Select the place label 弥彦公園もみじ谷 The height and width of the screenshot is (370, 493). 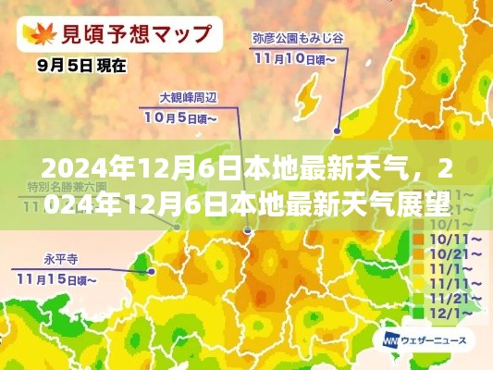click(x=299, y=39)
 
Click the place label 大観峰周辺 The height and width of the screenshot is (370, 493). click(x=189, y=96)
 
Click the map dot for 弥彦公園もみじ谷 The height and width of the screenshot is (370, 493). click(x=338, y=130)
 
